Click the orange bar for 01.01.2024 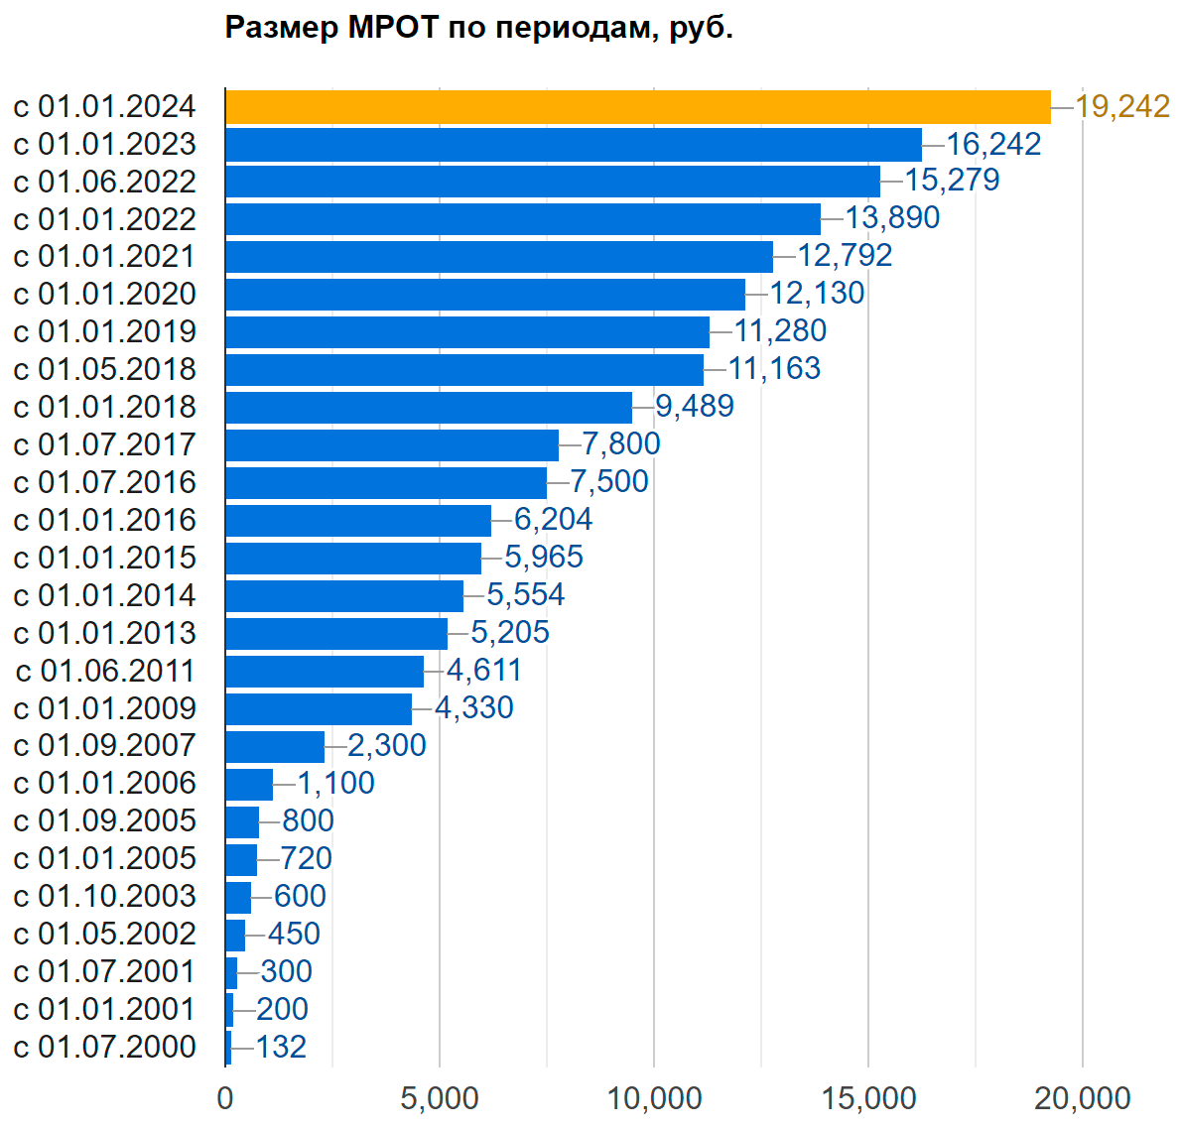point(637,107)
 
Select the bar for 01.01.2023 point(574,145)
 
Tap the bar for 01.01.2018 point(429,408)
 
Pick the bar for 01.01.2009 point(319,709)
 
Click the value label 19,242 point(1122,106)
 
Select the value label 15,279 point(952,181)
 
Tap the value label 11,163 point(774,369)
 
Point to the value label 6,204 point(553,519)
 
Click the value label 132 point(281,1047)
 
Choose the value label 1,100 point(336,783)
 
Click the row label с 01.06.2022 point(105,183)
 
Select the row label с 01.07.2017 point(105,445)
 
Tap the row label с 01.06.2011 point(105,672)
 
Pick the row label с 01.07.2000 point(105,1048)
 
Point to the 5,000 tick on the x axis point(440,1099)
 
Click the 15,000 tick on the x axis point(868,1099)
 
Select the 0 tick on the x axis point(225,1099)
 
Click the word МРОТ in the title point(393,28)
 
